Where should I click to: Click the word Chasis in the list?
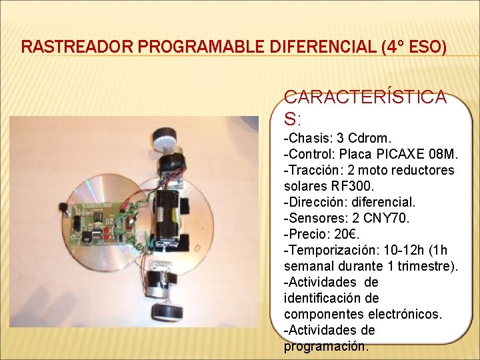pyautogui.click(x=307, y=139)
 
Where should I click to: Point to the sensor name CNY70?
pyautogui.click(x=378, y=218)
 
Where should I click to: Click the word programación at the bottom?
pyautogui.click(x=325, y=346)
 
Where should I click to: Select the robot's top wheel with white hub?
pyautogui.click(x=163, y=138)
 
